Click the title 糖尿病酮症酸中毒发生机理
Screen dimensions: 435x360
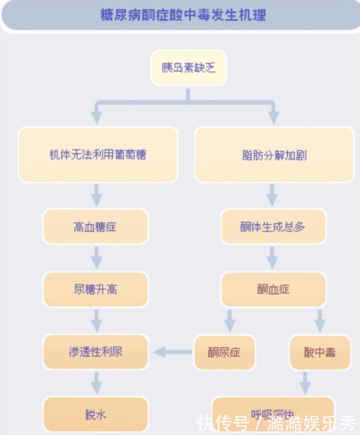click(183, 15)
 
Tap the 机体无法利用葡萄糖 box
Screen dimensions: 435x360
click(98, 155)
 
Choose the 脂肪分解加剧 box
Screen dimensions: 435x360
click(274, 155)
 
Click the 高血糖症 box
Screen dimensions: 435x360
click(96, 226)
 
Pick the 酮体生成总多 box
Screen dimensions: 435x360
click(273, 226)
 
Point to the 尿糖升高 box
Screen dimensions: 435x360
click(96, 289)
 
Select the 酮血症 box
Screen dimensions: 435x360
click(273, 289)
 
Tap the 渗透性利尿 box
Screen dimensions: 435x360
click(96, 351)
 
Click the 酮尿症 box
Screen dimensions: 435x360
click(224, 352)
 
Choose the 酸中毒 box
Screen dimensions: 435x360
click(320, 352)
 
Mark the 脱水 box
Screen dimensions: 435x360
click(96, 414)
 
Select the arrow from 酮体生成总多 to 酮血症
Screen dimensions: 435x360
click(273, 257)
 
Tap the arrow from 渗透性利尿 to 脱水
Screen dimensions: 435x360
click(97, 383)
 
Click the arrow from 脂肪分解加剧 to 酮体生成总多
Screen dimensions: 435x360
click(273, 195)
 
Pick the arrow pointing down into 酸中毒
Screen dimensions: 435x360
click(320, 320)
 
